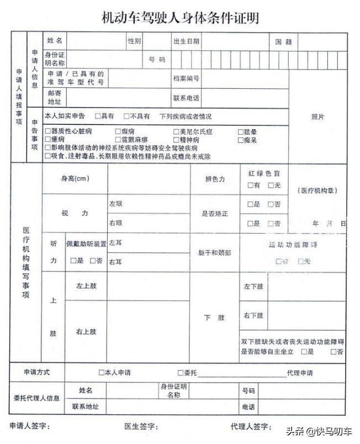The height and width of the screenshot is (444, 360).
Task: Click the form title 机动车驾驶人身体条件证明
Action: (x=180, y=18)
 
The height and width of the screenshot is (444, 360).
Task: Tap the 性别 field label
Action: (x=134, y=41)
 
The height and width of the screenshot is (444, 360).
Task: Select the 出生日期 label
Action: (x=186, y=41)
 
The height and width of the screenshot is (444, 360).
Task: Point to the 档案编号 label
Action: (x=186, y=79)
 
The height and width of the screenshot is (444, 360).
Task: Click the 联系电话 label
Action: (x=186, y=98)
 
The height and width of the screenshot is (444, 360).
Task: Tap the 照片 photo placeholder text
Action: (x=317, y=117)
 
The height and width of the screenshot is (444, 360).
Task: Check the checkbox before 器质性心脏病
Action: (x=47, y=132)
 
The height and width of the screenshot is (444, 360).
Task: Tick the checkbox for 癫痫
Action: (x=118, y=132)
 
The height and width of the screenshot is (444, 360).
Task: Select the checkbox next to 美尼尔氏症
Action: (x=176, y=132)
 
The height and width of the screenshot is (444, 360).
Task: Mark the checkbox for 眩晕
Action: (x=240, y=132)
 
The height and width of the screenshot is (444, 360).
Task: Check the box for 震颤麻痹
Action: (x=118, y=140)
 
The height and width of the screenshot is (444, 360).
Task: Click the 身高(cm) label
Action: (x=75, y=178)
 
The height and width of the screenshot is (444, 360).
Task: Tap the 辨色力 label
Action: (x=215, y=179)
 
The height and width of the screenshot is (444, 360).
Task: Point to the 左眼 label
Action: (x=115, y=204)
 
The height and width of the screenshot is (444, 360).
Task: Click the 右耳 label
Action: (x=115, y=261)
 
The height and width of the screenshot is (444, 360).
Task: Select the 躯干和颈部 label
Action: (x=215, y=252)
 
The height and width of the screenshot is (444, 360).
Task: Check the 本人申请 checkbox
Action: (x=101, y=373)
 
